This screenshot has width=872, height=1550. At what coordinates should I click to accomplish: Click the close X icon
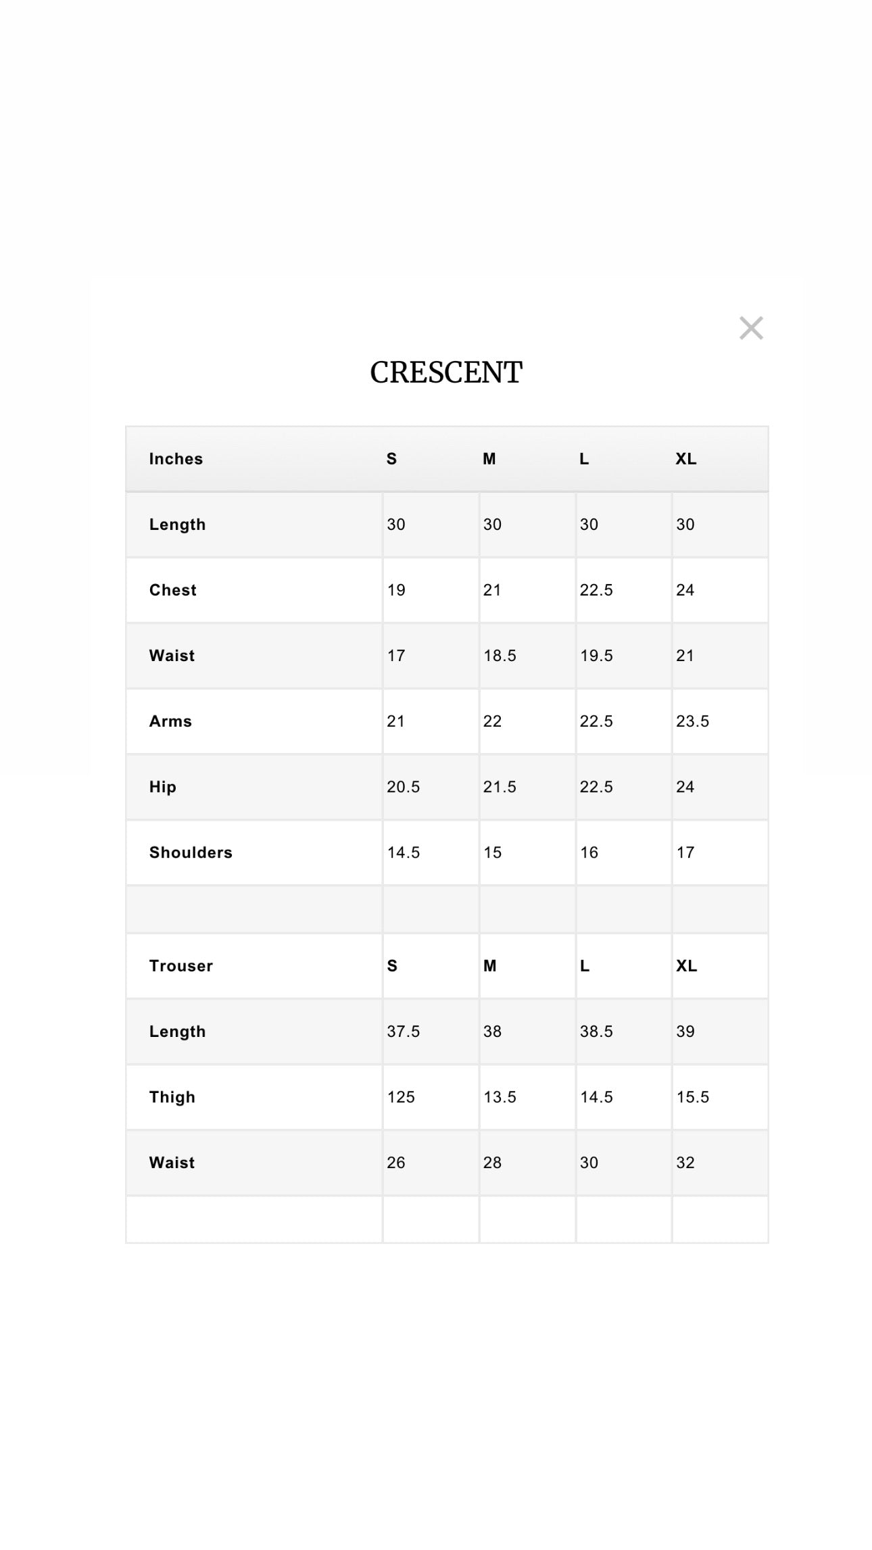coord(751,329)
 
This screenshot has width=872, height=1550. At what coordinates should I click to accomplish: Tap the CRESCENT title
coord(446,372)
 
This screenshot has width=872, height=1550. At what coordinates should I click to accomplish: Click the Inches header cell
coord(176,459)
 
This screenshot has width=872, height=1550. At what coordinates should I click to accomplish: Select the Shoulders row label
coord(191,852)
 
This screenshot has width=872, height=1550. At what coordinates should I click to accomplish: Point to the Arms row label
coord(170,721)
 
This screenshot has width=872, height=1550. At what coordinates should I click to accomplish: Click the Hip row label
coord(163,787)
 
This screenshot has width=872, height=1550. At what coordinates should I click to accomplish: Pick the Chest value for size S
coord(396,590)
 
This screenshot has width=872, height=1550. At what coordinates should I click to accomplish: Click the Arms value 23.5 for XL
coord(692,721)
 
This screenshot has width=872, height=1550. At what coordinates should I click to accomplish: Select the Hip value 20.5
coord(404,787)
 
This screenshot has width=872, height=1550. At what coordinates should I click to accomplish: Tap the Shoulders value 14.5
coord(404,852)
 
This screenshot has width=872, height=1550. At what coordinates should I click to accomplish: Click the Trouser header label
coord(181,966)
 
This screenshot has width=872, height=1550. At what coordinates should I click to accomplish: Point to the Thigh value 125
coord(401,1097)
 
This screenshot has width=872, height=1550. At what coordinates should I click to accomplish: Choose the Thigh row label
coord(172,1097)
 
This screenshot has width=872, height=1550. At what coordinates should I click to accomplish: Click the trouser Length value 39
coord(685,1032)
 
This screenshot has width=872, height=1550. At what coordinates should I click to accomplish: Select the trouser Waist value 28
coord(492,1163)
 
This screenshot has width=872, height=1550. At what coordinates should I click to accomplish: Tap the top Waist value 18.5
coord(500,656)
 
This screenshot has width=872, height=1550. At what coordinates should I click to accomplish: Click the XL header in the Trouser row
coord(686,966)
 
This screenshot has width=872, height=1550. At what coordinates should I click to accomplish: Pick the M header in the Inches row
coord(489,459)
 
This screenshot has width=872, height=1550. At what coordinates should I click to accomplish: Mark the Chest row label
coord(173,590)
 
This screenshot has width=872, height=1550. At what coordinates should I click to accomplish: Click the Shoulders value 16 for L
coord(589,852)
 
